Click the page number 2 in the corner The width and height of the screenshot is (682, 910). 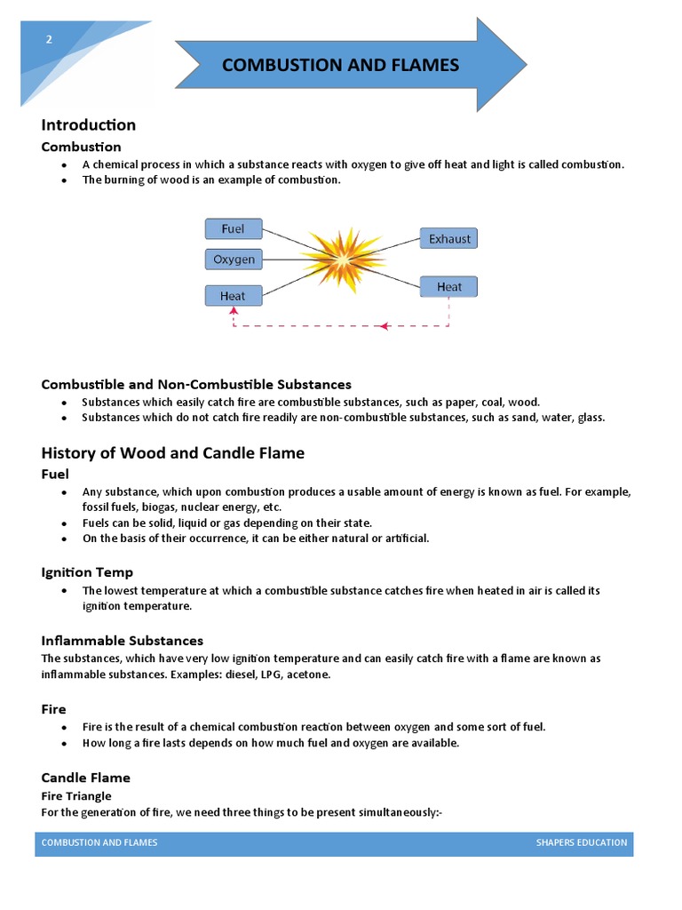pos(50,39)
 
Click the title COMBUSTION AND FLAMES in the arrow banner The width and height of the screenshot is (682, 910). pos(340,65)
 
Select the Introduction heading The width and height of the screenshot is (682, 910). pos(88,124)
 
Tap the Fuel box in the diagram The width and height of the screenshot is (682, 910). pos(234,229)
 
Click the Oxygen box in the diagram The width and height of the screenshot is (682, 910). pos(234,259)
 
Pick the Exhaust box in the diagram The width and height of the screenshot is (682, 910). pos(448,238)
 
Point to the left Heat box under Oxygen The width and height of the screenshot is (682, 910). pos(234,295)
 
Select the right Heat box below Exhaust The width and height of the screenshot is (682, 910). pos(448,286)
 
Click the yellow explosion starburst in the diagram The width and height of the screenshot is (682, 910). pos(341,259)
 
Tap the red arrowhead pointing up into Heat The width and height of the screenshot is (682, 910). pos(234,311)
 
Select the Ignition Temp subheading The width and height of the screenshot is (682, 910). pos(87,572)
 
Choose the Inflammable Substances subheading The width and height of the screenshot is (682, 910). pos(122,641)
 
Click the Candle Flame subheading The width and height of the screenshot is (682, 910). pos(85,778)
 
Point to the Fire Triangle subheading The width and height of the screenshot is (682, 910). pos(76,795)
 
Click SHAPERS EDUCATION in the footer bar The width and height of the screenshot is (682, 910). pos(581,842)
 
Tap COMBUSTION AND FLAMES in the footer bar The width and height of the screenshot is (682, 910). pos(99,842)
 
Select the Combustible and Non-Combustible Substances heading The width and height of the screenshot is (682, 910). pos(196,385)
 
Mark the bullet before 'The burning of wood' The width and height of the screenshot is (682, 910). pos(64,180)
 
